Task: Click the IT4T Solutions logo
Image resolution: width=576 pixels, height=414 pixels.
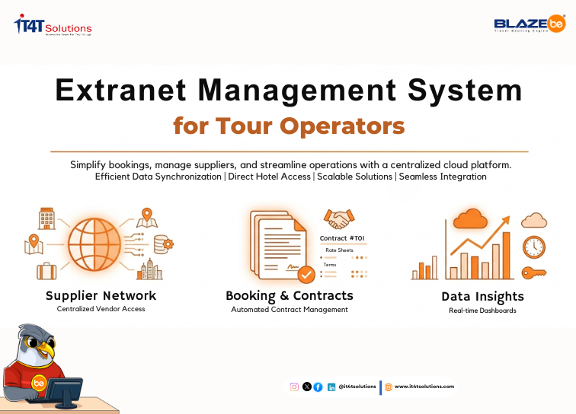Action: click(53, 26)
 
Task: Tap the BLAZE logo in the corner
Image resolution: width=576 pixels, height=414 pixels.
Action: click(529, 26)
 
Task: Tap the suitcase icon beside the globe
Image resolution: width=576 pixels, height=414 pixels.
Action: click(46, 270)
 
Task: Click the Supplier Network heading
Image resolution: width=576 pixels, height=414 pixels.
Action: click(101, 295)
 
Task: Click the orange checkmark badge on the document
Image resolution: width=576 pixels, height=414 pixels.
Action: click(306, 274)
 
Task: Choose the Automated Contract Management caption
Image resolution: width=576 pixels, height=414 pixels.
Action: click(290, 310)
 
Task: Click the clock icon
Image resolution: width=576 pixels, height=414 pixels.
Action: click(533, 247)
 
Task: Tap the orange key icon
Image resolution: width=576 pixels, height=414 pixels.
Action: click(533, 272)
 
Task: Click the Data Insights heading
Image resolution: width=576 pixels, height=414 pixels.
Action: click(482, 297)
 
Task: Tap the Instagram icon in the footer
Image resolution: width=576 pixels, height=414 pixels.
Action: click(294, 387)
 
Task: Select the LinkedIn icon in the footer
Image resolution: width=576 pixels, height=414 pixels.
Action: click(331, 387)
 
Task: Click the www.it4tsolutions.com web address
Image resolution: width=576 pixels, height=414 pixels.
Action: click(424, 387)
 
